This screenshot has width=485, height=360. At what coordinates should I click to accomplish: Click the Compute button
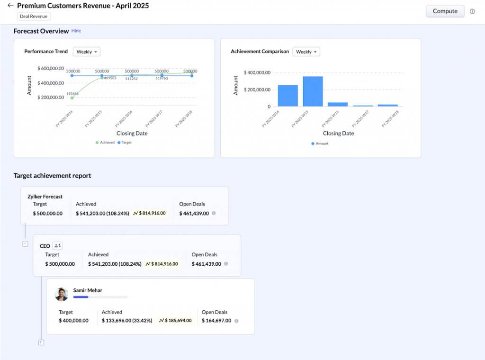click(445, 11)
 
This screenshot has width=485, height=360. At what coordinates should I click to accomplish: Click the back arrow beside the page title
click(10, 6)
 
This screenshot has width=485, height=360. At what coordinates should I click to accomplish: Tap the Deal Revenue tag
click(33, 16)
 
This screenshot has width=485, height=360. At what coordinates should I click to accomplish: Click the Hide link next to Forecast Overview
click(76, 31)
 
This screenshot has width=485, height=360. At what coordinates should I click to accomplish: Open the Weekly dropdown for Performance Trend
click(87, 52)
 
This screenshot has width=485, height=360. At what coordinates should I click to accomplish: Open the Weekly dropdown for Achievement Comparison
click(306, 52)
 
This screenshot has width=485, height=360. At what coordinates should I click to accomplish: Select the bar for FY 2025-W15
click(313, 91)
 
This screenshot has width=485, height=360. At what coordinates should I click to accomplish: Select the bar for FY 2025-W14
click(287, 96)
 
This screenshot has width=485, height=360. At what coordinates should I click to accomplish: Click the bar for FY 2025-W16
click(338, 104)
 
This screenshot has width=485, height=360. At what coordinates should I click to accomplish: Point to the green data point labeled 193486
click(72, 98)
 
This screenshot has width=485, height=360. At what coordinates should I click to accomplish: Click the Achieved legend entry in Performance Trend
click(105, 142)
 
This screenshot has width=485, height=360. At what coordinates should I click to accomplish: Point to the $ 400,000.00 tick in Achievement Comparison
click(257, 72)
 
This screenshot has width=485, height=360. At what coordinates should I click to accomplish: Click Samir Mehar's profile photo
click(62, 294)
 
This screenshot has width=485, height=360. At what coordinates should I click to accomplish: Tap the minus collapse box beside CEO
click(25, 244)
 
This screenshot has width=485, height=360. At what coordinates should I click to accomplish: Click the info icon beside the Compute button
click(472, 11)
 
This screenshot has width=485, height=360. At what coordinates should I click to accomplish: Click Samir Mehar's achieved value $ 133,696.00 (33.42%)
click(127, 321)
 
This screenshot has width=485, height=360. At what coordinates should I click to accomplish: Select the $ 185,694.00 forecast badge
click(175, 321)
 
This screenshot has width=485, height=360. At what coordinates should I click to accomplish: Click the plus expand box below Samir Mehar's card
click(41, 342)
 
